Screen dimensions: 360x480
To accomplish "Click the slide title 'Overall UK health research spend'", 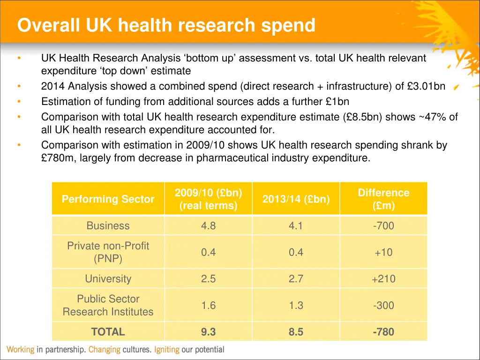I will (x=166, y=25).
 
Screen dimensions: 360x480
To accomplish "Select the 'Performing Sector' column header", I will (x=108, y=199).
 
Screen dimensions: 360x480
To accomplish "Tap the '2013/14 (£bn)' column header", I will (x=296, y=199).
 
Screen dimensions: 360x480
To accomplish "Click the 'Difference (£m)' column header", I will (x=383, y=199).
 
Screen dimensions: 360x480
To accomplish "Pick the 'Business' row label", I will (x=108, y=225).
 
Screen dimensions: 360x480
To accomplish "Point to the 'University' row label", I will (x=108, y=279).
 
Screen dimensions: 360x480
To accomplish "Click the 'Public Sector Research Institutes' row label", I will (x=108, y=305).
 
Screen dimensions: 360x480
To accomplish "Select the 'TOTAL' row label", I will (x=108, y=332).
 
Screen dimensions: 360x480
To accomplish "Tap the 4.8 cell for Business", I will (x=208, y=225).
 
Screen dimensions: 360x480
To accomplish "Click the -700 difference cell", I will (x=383, y=225).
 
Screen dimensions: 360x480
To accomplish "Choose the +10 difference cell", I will (x=383, y=252).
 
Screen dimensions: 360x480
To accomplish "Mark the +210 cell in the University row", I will (x=383, y=279).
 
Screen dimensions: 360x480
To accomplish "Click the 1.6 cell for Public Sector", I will (x=208, y=306).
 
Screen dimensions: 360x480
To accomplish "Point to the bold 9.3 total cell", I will (x=208, y=332).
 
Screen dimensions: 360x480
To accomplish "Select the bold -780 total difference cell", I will (x=383, y=332).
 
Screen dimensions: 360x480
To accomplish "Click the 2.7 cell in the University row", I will (x=296, y=279).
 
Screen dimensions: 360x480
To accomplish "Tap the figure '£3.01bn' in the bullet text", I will (x=426, y=87).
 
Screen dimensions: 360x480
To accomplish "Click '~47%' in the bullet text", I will (x=433, y=117).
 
